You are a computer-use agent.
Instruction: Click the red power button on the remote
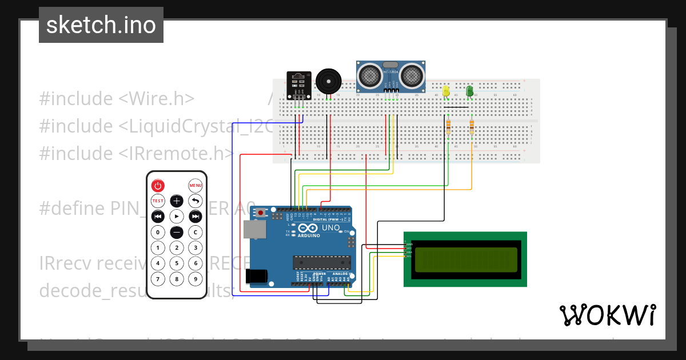[x=158, y=186]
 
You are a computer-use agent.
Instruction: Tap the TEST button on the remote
[x=158, y=201]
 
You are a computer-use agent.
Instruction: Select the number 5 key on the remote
[x=177, y=263]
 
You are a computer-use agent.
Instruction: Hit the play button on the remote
[x=177, y=217]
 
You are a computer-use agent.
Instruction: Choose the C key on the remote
[x=196, y=233]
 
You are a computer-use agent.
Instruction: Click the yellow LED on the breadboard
[x=446, y=91]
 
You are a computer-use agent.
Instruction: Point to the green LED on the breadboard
[x=469, y=91]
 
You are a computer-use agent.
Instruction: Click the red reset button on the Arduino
[x=261, y=213]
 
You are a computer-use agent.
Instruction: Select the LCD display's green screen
[x=465, y=259]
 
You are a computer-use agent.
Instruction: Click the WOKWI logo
[x=607, y=315]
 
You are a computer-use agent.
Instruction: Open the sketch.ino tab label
[x=101, y=25]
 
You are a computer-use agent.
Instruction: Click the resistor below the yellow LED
[x=448, y=127]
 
